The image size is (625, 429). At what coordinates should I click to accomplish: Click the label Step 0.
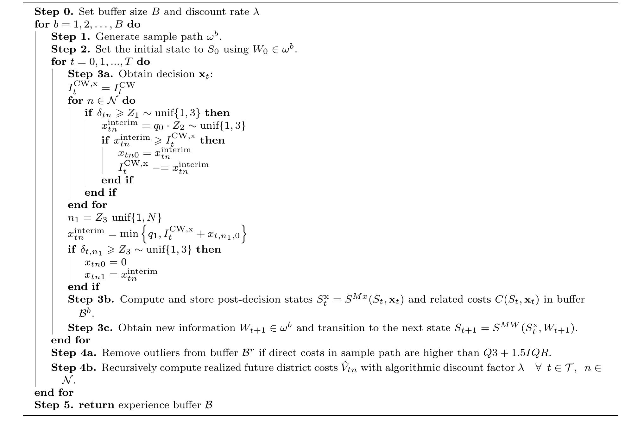pyautogui.click(x=54, y=12)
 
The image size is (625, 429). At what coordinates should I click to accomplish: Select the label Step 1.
pyautogui.click(x=70, y=37)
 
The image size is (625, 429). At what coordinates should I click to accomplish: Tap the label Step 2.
pyautogui.click(x=70, y=49)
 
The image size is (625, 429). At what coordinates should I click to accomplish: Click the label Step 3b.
pyautogui.click(x=91, y=299)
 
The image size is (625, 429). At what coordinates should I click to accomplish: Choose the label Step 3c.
pyautogui.click(x=90, y=328)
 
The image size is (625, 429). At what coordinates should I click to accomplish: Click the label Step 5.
pyautogui.click(x=54, y=405)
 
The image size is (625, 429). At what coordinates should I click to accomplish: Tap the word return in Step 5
pyautogui.click(x=96, y=405)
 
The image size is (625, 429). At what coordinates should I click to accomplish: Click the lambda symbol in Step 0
pyautogui.click(x=256, y=12)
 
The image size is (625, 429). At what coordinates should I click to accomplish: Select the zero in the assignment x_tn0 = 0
pyautogui.click(x=123, y=262)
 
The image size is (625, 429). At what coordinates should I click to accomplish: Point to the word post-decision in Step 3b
pyautogui.click(x=248, y=299)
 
